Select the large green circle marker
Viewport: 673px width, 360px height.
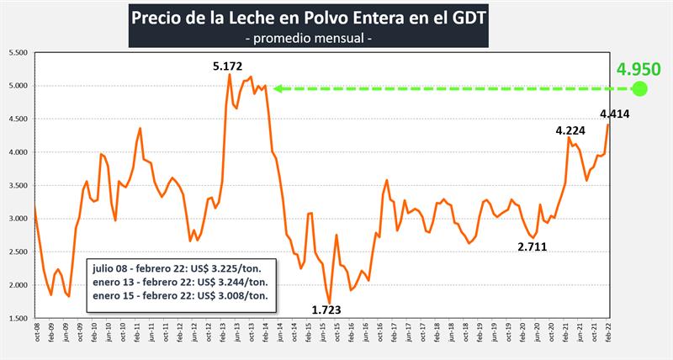(640, 88)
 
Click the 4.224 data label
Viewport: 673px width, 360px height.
(571, 130)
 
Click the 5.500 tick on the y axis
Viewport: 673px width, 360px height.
(18, 52)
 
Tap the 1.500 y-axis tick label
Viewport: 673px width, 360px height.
(18, 319)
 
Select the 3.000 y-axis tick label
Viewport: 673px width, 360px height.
(18, 219)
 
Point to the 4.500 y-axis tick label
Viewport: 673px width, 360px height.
(18, 119)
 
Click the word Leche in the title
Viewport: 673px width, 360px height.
(244, 18)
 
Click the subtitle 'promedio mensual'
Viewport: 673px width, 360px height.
(307, 39)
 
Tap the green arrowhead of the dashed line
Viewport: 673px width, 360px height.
(277, 88)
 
